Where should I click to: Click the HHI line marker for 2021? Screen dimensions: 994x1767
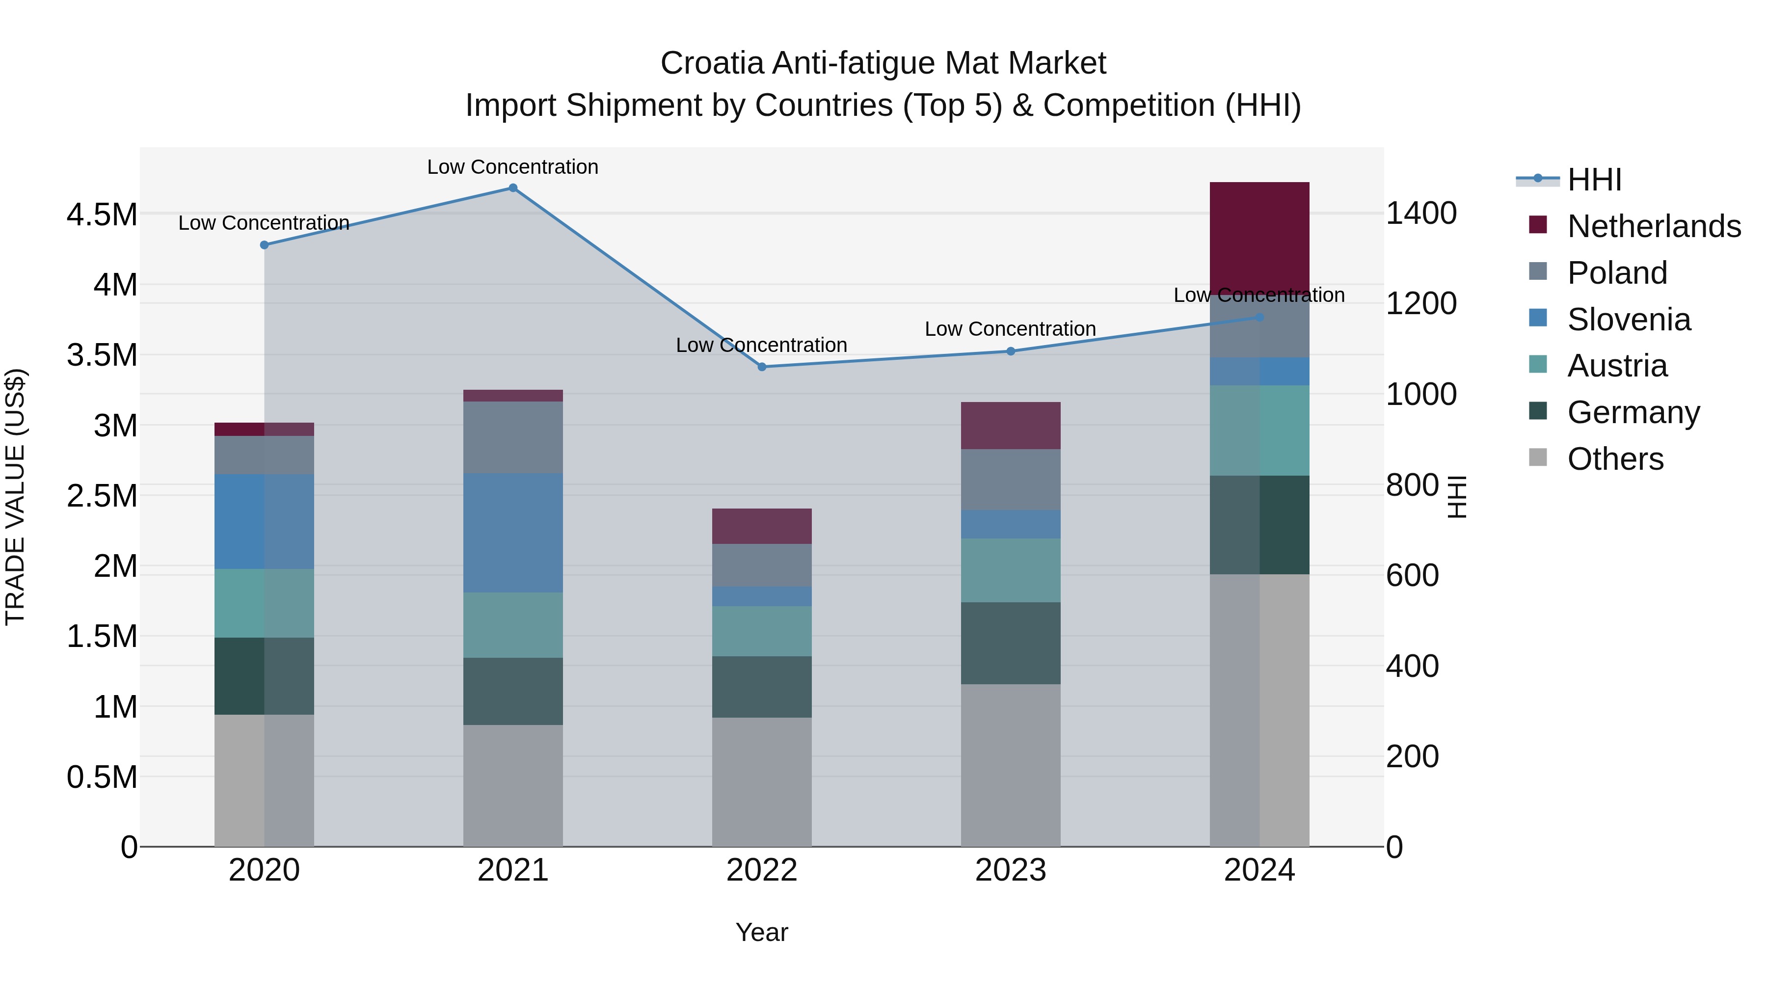click(x=512, y=188)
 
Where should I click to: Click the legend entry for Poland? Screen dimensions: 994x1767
click(x=1617, y=273)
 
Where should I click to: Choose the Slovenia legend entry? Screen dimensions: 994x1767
click(x=1629, y=320)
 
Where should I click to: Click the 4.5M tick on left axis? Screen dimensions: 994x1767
click(x=102, y=215)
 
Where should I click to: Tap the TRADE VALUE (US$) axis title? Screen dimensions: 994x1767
click(x=15, y=497)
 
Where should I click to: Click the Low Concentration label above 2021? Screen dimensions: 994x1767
click(x=512, y=167)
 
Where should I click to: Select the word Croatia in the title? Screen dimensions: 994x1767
click(x=711, y=63)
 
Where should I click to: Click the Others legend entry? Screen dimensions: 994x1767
click(x=1615, y=459)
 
